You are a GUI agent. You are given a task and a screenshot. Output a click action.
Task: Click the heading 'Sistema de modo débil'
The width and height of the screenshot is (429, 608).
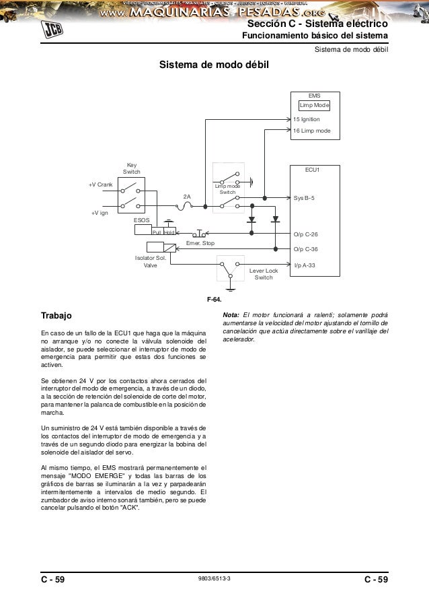tap(213, 65)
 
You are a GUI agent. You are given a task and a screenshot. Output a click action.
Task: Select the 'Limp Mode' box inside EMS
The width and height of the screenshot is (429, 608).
tap(314, 106)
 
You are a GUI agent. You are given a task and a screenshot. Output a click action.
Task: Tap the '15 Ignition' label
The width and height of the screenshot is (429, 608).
tap(307, 119)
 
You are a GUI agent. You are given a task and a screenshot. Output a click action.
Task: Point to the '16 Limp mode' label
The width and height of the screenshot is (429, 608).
tap(312, 130)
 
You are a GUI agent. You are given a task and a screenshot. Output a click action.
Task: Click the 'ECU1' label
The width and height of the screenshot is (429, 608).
tap(313, 170)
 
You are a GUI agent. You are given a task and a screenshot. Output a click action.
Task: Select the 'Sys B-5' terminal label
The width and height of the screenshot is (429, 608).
tap(305, 199)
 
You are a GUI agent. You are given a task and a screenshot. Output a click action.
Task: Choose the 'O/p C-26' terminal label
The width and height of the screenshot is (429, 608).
tap(306, 234)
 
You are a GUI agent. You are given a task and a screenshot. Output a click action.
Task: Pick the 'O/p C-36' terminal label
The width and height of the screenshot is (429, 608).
tap(306, 248)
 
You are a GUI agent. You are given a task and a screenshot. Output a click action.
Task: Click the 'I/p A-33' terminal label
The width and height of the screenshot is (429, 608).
tap(305, 265)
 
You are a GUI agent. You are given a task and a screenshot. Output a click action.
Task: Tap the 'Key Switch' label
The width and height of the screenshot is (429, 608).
tap(131, 168)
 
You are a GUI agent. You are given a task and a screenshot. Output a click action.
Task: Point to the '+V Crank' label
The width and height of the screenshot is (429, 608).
tap(100, 184)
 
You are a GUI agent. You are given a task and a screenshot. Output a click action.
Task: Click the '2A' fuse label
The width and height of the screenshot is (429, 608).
tap(188, 197)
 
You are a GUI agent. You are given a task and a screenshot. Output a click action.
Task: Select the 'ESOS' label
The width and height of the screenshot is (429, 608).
tap(142, 219)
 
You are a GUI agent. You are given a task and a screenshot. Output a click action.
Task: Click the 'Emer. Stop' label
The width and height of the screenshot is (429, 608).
tap(200, 242)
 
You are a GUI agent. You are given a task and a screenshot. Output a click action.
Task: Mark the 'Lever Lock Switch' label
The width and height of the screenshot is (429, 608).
tap(264, 274)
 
